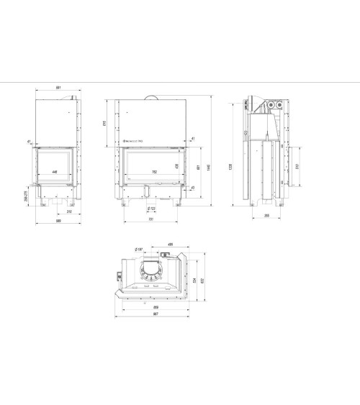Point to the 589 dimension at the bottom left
click(57, 219)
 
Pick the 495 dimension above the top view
click(170, 244)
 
